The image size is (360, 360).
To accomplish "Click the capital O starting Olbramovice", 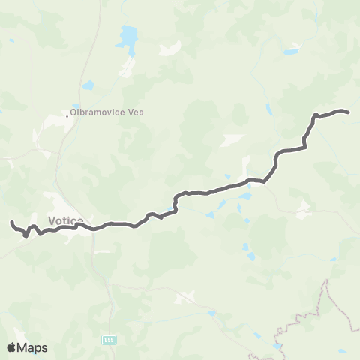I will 72,113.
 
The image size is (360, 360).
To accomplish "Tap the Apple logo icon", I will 12,347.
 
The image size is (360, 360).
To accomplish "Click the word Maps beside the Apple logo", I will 33,347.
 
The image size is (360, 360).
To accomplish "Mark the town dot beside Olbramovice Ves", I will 67,115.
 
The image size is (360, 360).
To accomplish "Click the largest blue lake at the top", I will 128,35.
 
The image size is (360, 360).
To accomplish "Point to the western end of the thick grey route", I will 11,223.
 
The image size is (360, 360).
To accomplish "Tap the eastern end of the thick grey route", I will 348,112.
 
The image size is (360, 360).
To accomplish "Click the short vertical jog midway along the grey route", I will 175,202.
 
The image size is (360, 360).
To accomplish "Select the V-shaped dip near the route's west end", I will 27,235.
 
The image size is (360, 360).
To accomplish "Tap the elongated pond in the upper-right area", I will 291,52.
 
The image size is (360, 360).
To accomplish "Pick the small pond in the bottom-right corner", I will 342,350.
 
